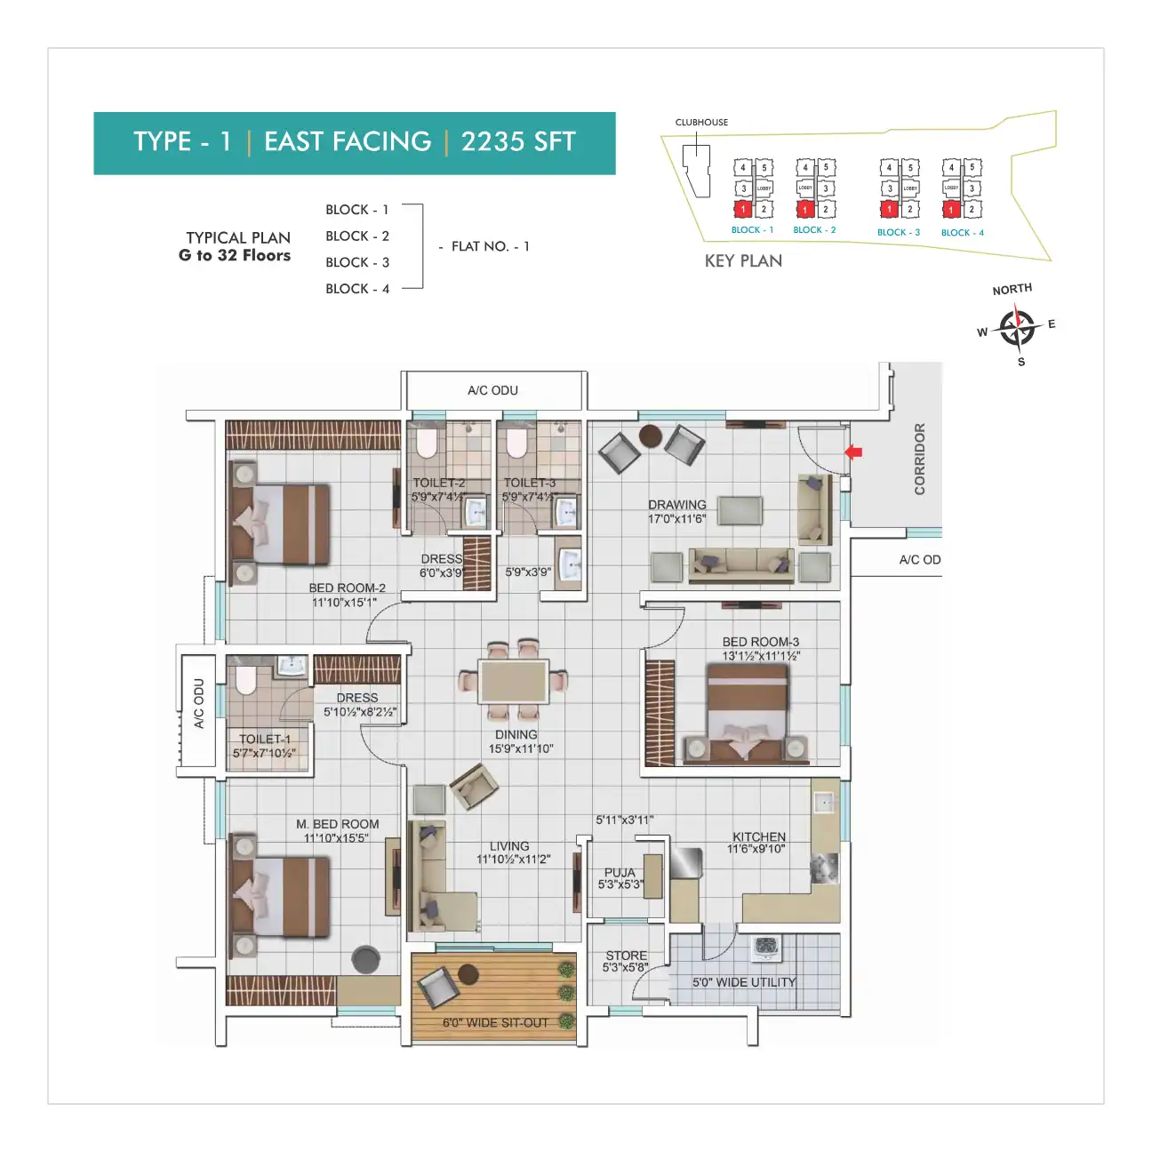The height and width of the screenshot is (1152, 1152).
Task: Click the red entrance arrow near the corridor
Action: [x=853, y=452]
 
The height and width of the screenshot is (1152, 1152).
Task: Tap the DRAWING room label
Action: [x=677, y=505]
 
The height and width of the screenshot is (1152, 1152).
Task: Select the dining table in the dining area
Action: [x=513, y=682]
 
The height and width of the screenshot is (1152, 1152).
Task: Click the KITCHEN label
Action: [x=758, y=836]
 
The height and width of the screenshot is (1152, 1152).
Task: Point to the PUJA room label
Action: [x=620, y=873]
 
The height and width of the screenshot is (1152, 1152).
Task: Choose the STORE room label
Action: [x=626, y=956]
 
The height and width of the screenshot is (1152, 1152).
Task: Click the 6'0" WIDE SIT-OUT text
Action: [x=495, y=1023]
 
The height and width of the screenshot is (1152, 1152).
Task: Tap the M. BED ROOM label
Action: [x=337, y=824]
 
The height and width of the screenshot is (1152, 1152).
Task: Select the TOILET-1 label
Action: [x=264, y=739]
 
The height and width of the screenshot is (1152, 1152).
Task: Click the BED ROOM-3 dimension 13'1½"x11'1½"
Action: [x=761, y=656]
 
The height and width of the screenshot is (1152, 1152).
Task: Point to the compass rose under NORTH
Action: [x=1016, y=328]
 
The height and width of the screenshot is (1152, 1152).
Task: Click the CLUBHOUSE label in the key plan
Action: [x=701, y=123]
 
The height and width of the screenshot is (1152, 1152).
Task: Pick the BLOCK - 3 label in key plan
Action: [x=898, y=233]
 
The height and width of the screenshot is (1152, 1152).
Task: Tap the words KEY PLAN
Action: [x=743, y=261]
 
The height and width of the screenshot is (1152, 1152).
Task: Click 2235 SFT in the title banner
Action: [x=518, y=142]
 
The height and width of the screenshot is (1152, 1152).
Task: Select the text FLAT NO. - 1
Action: [x=490, y=246]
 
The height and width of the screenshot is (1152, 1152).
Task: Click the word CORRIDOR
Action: [x=920, y=459]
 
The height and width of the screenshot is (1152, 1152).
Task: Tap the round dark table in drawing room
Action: [x=651, y=436]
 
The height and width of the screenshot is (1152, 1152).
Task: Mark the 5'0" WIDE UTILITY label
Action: [x=744, y=982]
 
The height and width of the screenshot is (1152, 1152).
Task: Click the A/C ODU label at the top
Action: [x=492, y=390]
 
